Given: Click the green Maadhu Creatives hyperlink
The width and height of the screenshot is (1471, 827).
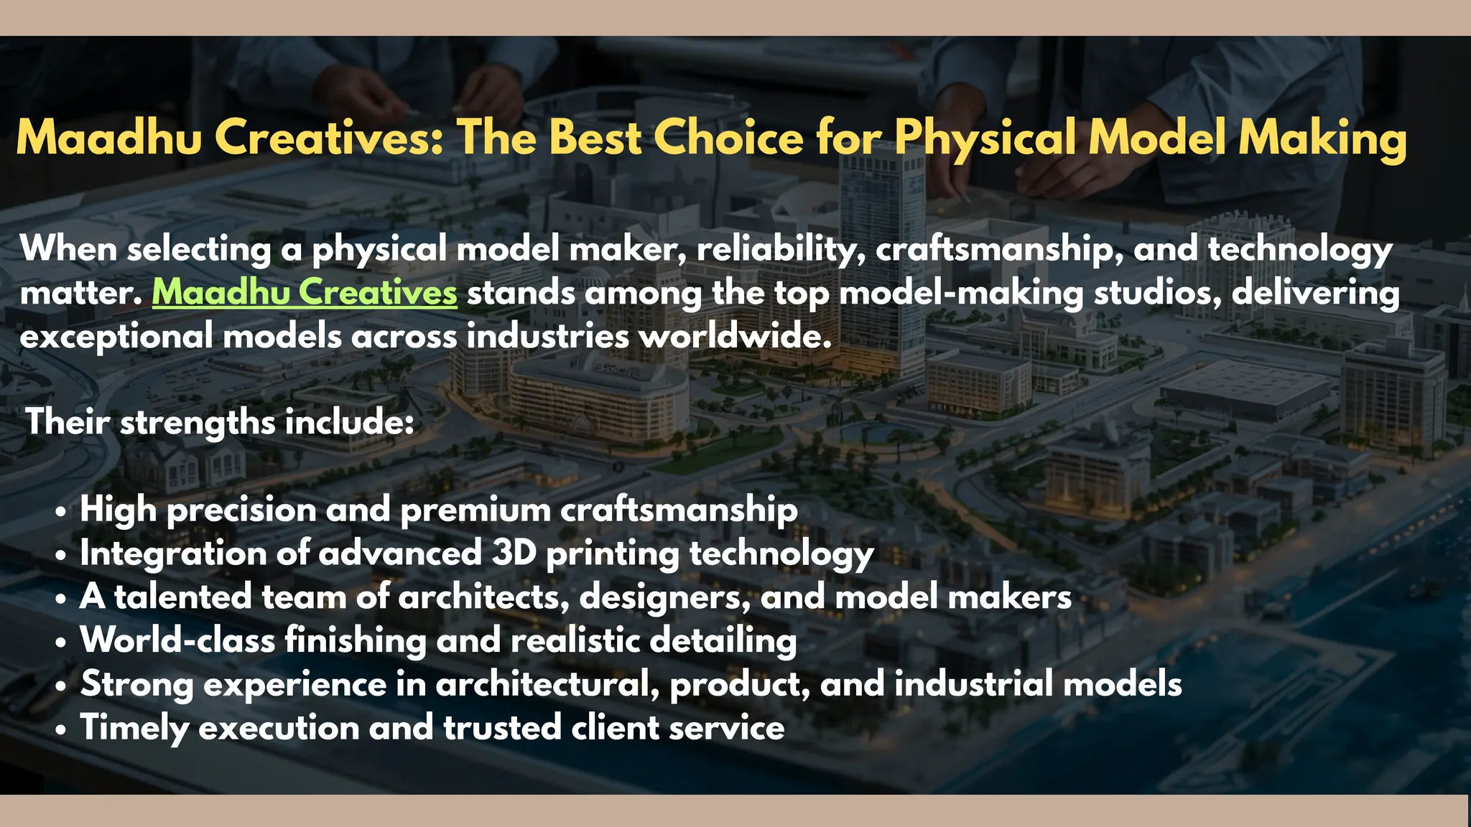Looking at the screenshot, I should click(305, 293).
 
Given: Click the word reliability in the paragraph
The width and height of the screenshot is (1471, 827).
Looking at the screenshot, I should click(780, 249).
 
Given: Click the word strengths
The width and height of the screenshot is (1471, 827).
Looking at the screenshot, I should click(198, 422).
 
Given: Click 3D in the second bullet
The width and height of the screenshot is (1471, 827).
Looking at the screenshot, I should click(514, 553).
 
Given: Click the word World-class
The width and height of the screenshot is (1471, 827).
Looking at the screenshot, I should click(177, 640).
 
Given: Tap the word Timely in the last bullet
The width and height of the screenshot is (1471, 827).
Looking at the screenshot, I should click(134, 728).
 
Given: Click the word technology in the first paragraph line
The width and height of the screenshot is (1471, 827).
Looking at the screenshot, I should click(1300, 250).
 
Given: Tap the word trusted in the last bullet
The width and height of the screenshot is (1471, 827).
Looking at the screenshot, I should click(502, 727).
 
